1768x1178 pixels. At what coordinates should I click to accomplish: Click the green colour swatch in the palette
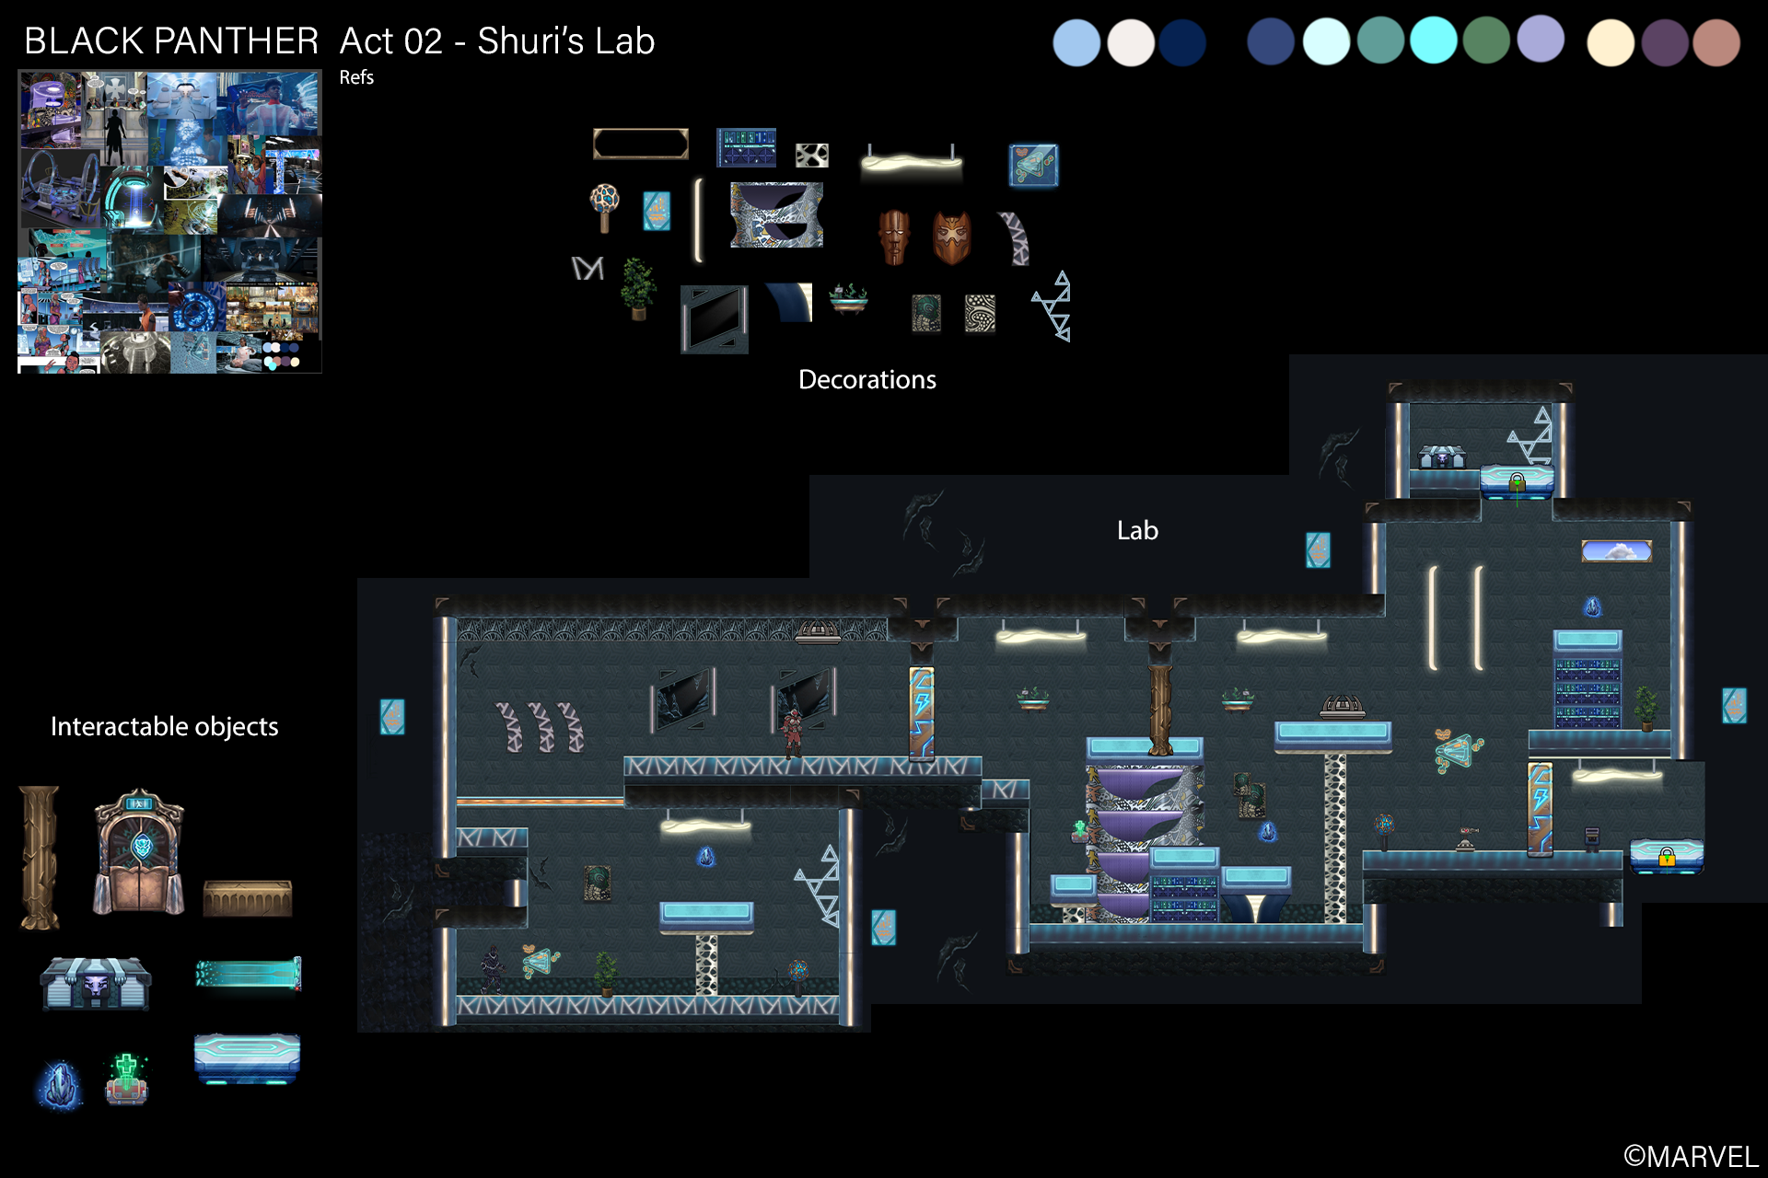1486,40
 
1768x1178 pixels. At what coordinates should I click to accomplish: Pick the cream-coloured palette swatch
1611,42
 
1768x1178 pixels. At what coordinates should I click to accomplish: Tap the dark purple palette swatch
1664,42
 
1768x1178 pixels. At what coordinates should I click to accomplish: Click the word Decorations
867,379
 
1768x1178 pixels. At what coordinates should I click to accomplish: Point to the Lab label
1137,530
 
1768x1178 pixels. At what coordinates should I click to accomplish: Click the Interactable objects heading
164,726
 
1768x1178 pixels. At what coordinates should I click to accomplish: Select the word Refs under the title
356,77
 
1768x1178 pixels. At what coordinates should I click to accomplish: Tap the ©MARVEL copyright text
1691,1157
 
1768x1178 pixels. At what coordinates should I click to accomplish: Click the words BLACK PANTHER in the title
171,40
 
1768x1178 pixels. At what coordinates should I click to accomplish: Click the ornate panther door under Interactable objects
139,851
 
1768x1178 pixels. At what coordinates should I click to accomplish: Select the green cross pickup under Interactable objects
126,1078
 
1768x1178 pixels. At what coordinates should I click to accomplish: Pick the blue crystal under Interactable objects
60,1084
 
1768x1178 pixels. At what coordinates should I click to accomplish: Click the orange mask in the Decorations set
951,237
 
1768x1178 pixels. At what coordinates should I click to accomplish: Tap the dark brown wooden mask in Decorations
894,237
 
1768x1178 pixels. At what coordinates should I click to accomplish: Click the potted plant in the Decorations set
638,288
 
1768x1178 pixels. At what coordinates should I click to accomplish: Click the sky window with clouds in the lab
1616,551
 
